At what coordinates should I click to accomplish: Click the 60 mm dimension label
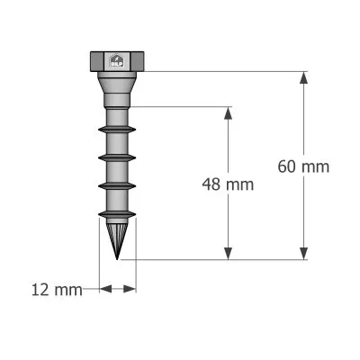coord(303,166)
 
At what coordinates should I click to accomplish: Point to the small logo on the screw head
coord(117,61)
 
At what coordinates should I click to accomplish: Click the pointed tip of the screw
coord(118,257)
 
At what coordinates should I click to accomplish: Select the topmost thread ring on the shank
coord(117,130)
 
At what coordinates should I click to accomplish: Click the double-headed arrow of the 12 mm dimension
coord(117,289)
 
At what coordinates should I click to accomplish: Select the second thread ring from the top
coord(117,157)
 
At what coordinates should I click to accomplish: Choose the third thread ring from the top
coord(117,185)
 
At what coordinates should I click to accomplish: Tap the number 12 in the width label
coord(40,290)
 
